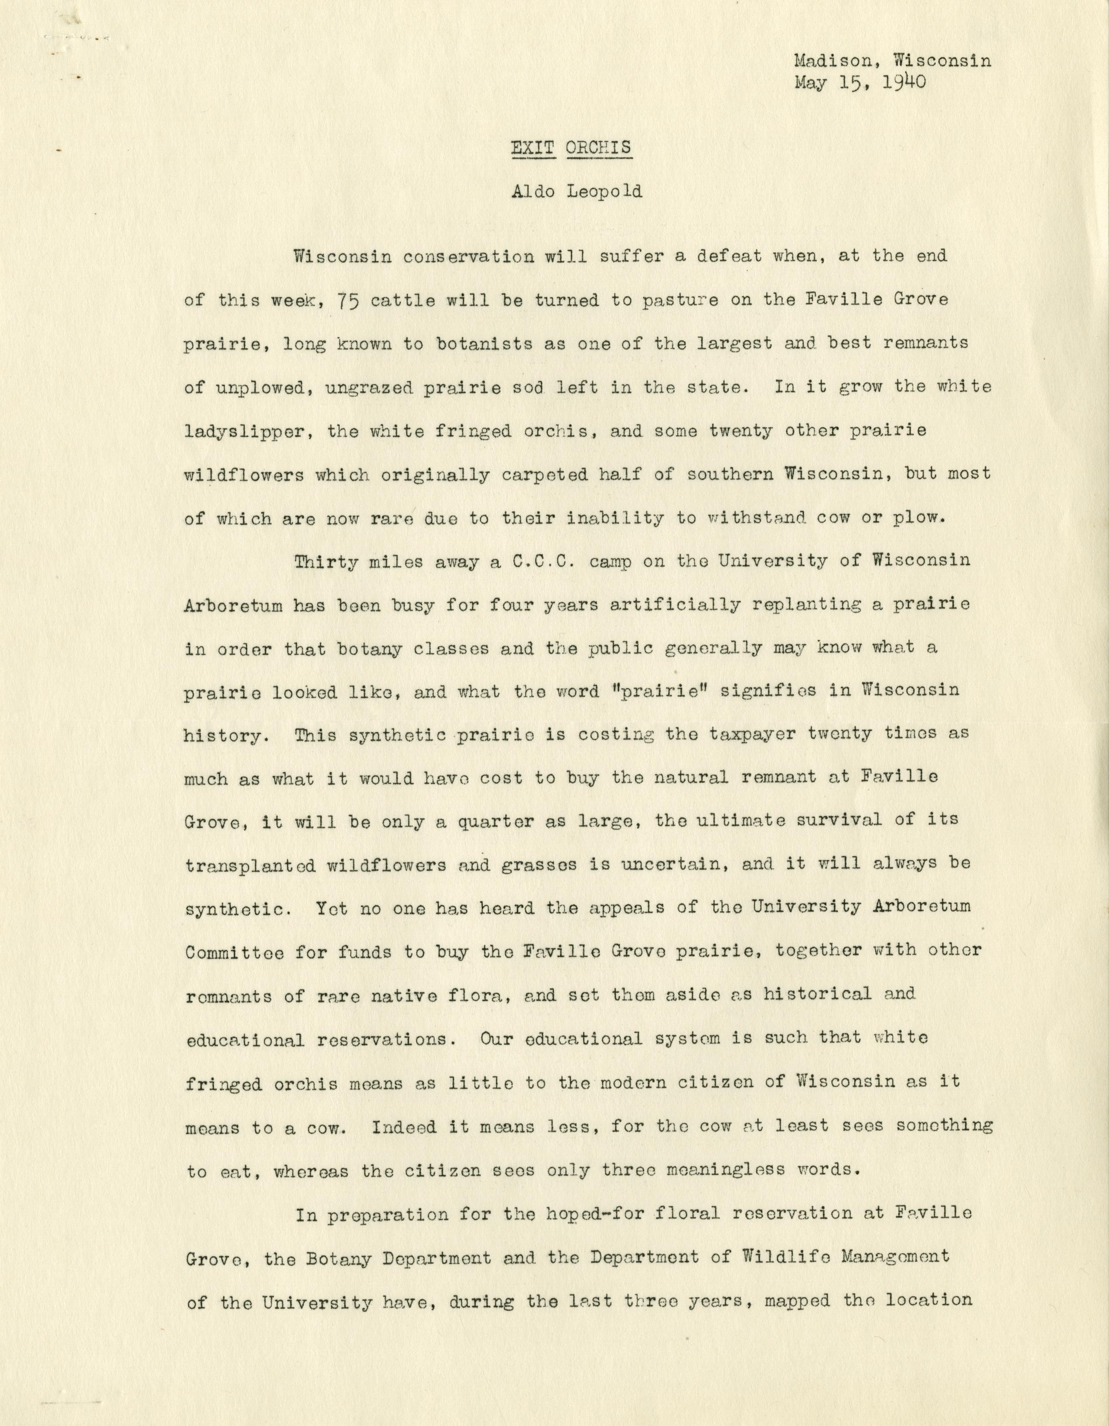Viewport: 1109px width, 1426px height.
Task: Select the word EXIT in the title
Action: (x=532, y=147)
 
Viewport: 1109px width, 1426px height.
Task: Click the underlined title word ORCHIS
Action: (x=599, y=147)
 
